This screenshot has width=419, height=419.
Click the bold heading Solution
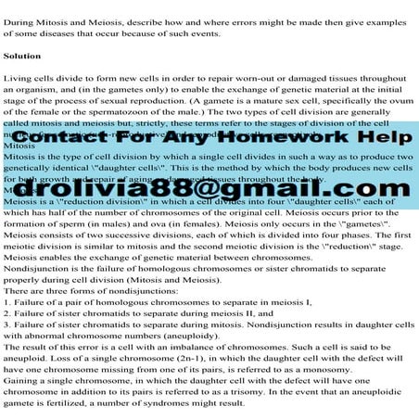pyautogui.click(x=22, y=57)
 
